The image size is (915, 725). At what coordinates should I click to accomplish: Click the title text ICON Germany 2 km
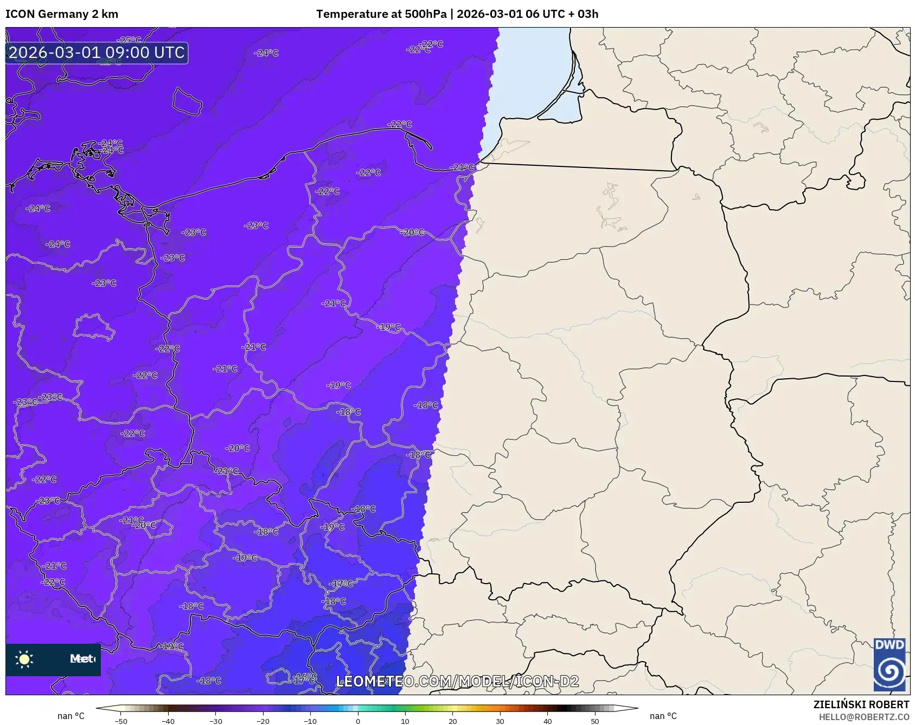[62, 14]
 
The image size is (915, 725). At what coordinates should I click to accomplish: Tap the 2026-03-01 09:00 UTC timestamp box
[97, 53]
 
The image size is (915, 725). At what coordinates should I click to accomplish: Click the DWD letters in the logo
[889, 645]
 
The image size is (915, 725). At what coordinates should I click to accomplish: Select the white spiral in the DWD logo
[889, 672]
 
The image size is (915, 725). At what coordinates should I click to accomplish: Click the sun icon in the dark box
[24, 659]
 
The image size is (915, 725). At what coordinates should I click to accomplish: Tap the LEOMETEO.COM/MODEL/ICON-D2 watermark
[457, 681]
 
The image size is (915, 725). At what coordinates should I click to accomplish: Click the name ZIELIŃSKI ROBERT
[861, 705]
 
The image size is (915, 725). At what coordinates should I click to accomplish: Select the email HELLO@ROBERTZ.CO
[863, 717]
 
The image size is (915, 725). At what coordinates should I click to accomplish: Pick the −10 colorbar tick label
[310, 721]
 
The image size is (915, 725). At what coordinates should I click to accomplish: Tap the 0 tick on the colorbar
[357, 721]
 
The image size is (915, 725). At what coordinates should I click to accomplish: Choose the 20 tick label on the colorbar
[452, 721]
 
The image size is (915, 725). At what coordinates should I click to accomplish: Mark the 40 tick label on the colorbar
[547, 721]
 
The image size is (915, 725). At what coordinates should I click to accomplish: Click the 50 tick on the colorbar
[594, 721]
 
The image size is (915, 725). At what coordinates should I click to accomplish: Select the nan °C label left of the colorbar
[71, 716]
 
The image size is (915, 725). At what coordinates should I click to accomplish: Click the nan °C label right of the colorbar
[663, 716]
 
